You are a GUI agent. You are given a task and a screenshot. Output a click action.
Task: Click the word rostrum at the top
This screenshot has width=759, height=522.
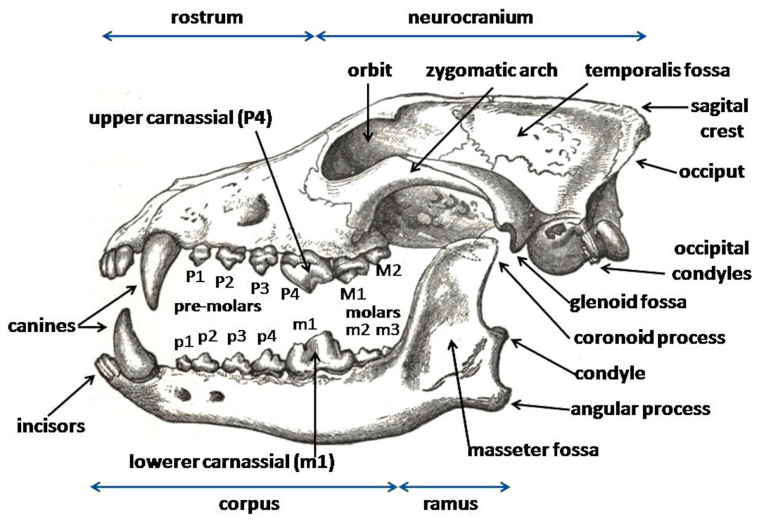point(207,17)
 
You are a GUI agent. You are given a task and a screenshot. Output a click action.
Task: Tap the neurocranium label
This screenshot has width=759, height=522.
point(470,17)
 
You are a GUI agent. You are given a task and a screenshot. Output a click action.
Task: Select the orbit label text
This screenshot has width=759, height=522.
point(370,71)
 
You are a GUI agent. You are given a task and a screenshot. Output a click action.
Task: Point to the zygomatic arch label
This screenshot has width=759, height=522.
point(492,71)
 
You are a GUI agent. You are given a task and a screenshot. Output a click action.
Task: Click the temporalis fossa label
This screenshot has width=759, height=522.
point(657,71)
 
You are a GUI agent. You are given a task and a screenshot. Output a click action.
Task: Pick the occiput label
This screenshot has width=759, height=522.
point(710,171)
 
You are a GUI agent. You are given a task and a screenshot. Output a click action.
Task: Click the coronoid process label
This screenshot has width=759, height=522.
point(649,338)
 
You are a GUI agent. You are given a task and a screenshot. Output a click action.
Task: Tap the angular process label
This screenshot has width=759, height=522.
point(640,409)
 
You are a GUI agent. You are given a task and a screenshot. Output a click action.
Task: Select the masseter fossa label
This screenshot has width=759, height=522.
point(533,450)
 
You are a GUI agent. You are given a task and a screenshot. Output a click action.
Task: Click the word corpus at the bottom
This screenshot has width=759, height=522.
point(248,505)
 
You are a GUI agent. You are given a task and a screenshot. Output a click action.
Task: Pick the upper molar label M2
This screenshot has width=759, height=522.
point(388,271)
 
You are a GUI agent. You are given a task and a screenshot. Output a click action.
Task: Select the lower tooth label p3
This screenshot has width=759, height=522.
point(237,337)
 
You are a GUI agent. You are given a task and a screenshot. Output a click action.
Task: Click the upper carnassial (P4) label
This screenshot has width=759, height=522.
point(180,119)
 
